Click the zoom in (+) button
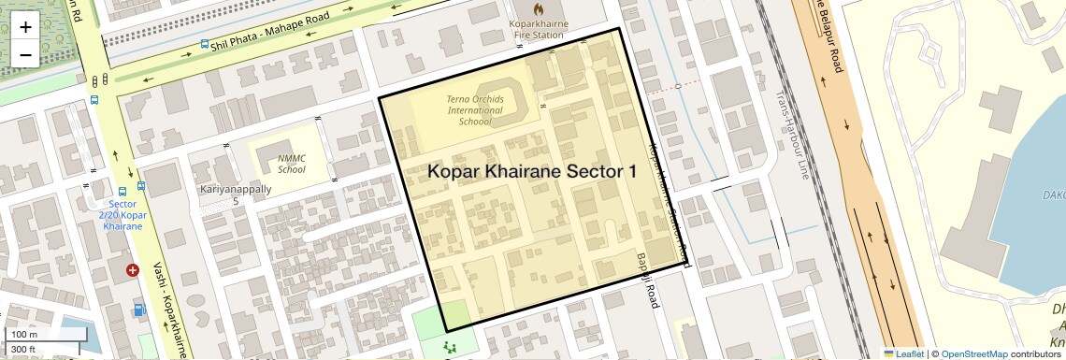[25, 26]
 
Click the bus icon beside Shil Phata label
[204, 44]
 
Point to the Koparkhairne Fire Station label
[538, 29]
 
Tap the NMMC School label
[292, 165]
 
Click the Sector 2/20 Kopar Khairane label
[122, 215]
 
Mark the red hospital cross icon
[133, 270]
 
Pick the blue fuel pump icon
[139, 310]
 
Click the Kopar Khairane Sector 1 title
[532, 171]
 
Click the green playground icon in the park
[451, 347]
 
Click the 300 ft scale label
[22, 350]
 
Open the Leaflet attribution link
[903, 353]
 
